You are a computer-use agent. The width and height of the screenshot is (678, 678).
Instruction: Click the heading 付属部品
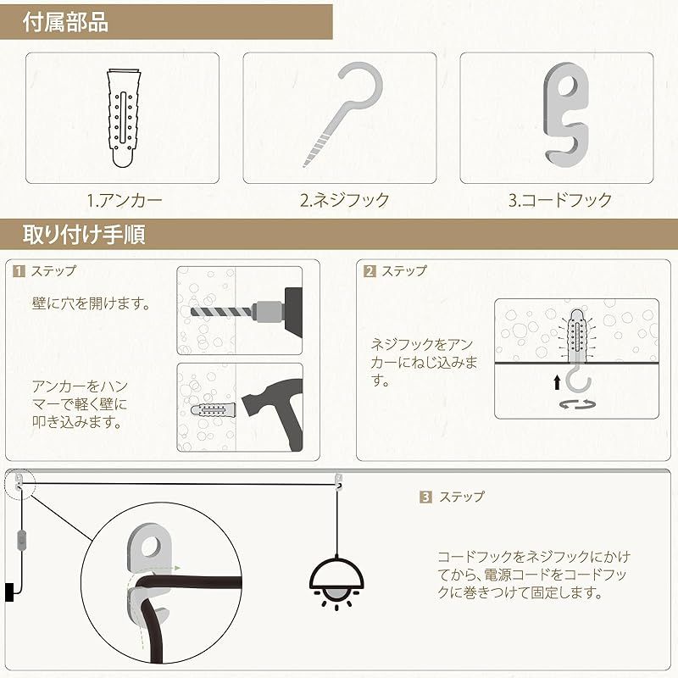tap(65, 22)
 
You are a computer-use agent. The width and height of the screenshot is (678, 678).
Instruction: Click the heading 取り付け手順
tap(84, 235)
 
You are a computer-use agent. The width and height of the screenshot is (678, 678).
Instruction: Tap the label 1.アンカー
tap(125, 200)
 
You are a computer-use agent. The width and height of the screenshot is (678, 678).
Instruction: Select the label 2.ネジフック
tap(345, 200)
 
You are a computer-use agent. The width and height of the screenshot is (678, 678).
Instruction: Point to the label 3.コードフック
tap(560, 200)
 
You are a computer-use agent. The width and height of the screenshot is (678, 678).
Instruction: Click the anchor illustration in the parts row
tap(124, 118)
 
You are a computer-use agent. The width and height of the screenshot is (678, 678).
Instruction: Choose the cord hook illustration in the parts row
tap(565, 115)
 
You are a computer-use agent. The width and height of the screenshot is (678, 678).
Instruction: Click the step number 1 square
tap(19, 271)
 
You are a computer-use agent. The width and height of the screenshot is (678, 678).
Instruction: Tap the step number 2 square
tap(370, 271)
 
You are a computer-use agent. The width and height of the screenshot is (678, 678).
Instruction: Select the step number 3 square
tap(426, 497)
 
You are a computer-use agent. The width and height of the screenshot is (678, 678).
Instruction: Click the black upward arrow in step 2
tap(558, 382)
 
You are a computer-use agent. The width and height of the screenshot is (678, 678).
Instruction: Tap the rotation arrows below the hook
tap(577, 404)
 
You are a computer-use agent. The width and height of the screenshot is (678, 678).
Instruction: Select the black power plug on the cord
tap(9, 592)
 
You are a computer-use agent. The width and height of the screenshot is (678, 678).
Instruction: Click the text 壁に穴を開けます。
tap(92, 303)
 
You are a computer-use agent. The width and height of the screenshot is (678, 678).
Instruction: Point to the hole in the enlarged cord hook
tap(151, 547)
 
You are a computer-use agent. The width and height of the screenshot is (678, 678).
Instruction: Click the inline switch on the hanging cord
tap(19, 540)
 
